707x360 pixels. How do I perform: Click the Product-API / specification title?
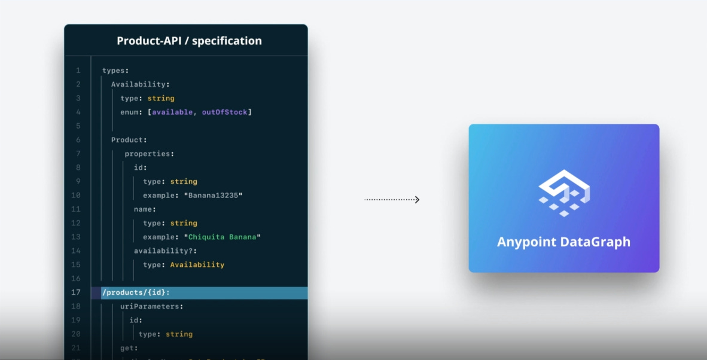coord(189,41)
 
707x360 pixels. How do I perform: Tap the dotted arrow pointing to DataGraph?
coord(392,200)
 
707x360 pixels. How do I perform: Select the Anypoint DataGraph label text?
coord(563,242)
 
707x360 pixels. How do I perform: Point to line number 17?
coord(76,292)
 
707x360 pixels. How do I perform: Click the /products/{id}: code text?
coord(136,292)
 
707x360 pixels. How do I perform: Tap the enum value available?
coord(172,112)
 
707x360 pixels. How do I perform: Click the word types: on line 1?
coord(115,71)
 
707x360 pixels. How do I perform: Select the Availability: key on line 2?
coord(141,84)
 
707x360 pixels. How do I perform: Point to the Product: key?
coord(129,140)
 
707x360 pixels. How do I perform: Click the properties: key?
coord(150,154)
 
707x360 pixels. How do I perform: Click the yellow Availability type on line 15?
coord(197,264)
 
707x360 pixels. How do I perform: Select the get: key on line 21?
coord(129,348)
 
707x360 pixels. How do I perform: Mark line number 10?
coord(76,196)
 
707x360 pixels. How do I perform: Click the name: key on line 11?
coord(145,209)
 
